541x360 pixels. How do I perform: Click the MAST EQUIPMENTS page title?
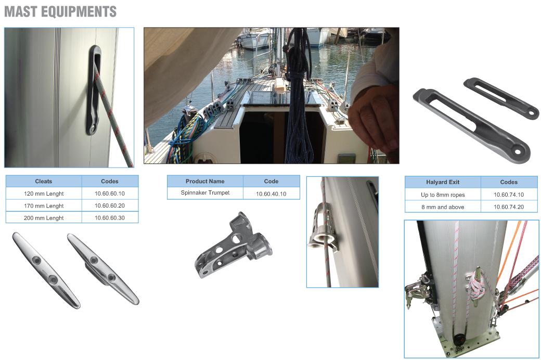60,12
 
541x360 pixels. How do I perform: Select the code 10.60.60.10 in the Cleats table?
110,194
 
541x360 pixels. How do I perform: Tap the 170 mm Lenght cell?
44,206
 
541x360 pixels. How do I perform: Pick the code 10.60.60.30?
110,218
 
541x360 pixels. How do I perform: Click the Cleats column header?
44,181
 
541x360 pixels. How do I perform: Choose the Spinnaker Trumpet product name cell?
205,192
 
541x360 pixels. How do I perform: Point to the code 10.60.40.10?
271,194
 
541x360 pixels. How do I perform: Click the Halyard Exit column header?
443,182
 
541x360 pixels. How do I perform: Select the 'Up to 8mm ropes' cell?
443,195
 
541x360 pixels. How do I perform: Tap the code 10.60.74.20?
509,207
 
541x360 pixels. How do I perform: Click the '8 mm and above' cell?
443,207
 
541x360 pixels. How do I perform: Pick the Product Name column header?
205,181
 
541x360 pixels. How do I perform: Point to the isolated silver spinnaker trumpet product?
234,245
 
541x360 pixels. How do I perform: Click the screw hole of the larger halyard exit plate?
518,151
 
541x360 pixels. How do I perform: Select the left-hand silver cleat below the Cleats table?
46,270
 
